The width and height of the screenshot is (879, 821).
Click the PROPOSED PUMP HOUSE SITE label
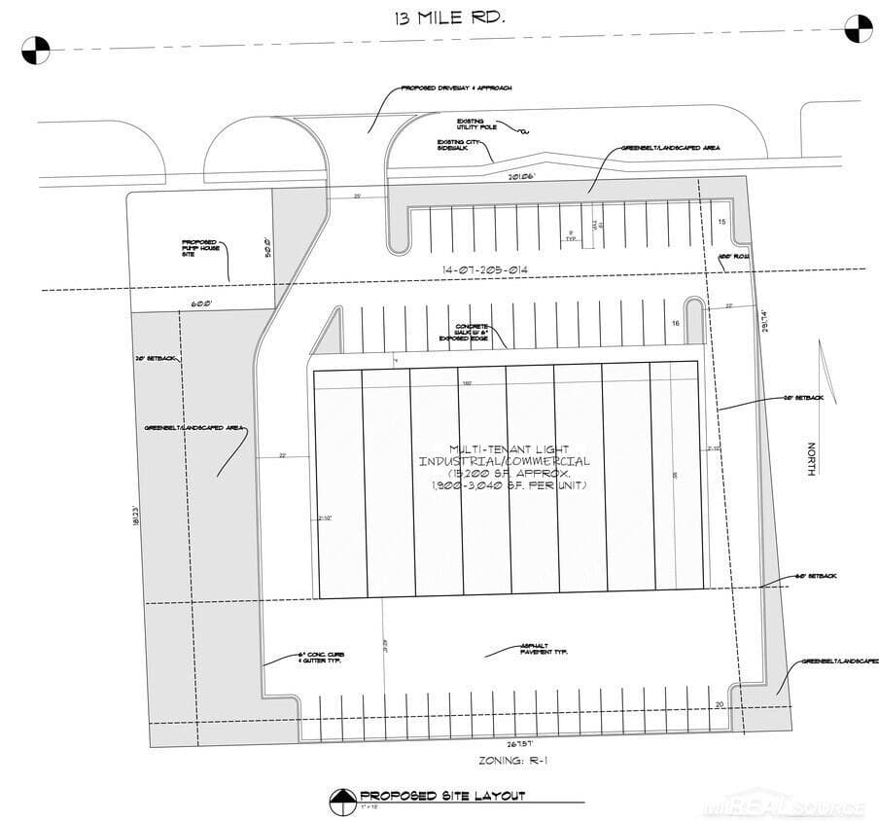pyautogui.click(x=199, y=248)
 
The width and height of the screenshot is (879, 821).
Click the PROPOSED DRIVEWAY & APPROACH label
pyautogui.click(x=455, y=88)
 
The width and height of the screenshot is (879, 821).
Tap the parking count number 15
pyautogui.click(x=721, y=222)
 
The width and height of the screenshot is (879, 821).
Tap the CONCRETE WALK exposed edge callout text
pyautogui.click(x=469, y=333)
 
